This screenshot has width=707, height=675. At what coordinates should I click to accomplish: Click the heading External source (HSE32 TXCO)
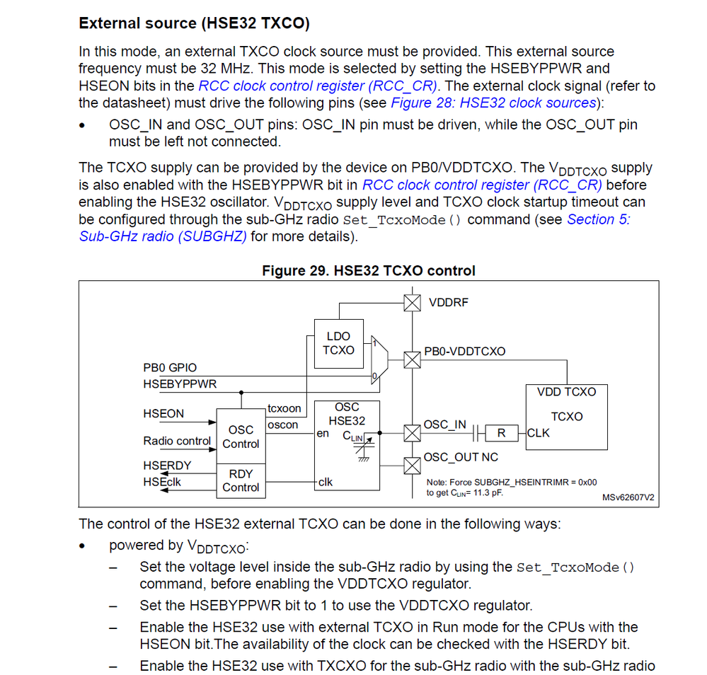pyautogui.click(x=194, y=23)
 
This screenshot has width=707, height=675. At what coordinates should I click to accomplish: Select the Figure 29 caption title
pyautogui.click(x=368, y=270)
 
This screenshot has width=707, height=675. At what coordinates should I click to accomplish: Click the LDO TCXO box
pyautogui.click(x=338, y=343)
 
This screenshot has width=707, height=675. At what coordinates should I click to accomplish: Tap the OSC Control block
pyautogui.click(x=241, y=437)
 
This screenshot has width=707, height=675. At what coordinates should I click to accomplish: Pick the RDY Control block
pyautogui.click(x=241, y=480)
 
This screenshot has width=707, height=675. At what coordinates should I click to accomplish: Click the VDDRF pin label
pyautogui.click(x=448, y=302)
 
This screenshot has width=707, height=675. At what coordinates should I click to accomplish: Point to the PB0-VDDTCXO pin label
pyautogui.click(x=464, y=351)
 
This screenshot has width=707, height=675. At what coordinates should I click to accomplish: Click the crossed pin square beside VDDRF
pyautogui.click(x=411, y=303)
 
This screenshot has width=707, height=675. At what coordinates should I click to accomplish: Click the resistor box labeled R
pyautogui.click(x=501, y=432)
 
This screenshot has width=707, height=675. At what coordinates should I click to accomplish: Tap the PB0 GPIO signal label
pyautogui.click(x=170, y=368)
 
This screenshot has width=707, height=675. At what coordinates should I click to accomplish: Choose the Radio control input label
pyautogui.click(x=177, y=441)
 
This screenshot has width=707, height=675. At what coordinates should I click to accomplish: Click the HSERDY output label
pyautogui.click(x=166, y=466)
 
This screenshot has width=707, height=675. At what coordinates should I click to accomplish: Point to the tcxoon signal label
pyautogui.click(x=284, y=408)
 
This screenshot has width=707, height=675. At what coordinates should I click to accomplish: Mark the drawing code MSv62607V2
pyautogui.click(x=628, y=497)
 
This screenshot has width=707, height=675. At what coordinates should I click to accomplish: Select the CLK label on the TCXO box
pyautogui.click(x=538, y=433)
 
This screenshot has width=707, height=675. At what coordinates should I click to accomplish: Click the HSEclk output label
pyautogui.click(x=162, y=482)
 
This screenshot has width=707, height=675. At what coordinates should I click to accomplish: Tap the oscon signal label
pyautogui.click(x=283, y=425)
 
